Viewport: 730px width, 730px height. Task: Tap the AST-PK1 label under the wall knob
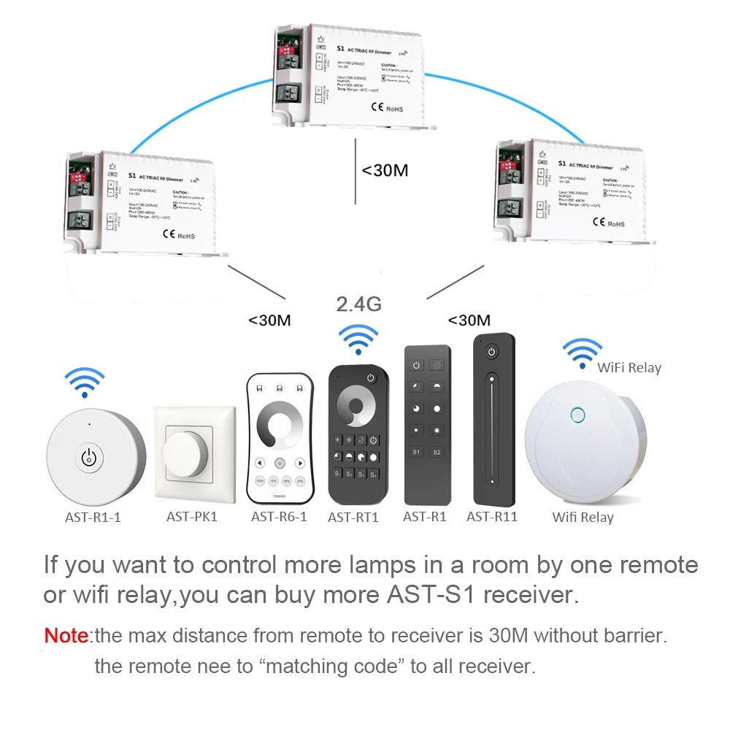pos(192,517)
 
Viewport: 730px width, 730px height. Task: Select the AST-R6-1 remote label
pos(280,517)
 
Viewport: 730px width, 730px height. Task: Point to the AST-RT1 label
pos(353,518)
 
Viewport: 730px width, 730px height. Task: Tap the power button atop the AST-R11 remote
pos(492,353)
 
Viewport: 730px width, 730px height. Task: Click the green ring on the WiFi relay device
pos(577,415)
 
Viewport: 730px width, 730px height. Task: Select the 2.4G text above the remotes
pos(358,304)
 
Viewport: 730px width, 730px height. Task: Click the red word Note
pos(66,635)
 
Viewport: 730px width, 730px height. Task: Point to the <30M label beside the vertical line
pos(385,170)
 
